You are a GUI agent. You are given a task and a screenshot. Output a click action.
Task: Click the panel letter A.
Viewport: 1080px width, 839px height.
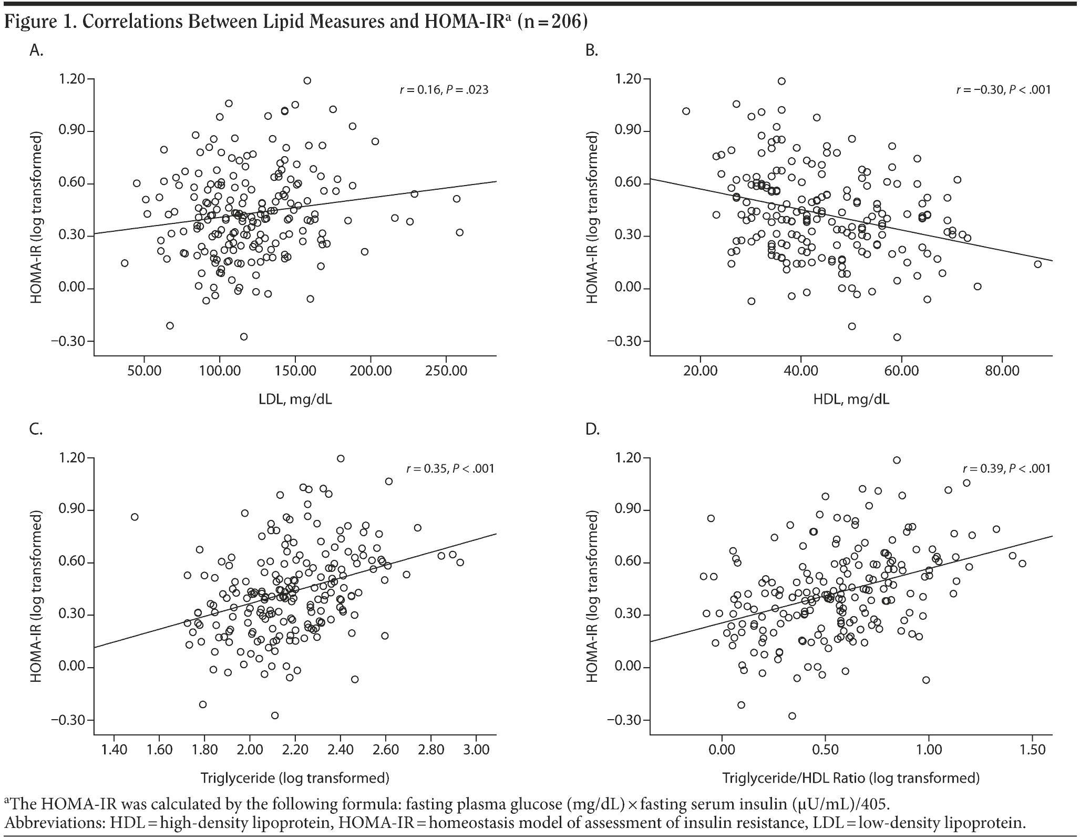tap(36, 50)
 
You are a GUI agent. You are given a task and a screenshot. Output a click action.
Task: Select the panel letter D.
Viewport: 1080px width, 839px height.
tap(592, 430)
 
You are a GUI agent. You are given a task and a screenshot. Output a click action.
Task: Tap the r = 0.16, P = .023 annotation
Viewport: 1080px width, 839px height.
tap(444, 90)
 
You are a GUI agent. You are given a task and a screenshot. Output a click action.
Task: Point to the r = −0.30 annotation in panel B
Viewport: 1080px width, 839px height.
tap(1003, 90)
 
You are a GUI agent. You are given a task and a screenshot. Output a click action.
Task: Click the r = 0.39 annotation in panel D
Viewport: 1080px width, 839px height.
tap(1006, 468)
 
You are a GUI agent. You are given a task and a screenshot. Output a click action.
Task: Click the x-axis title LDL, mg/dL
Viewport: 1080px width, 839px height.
tap(295, 400)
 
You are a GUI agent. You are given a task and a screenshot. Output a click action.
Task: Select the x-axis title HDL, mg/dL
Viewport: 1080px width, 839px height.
tap(851, 400)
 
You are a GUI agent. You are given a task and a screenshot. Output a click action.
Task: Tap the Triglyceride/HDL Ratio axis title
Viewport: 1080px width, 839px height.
tap(851, 778)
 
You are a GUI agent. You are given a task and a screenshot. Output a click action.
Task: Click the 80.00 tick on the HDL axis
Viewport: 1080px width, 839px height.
tap(1002, 371)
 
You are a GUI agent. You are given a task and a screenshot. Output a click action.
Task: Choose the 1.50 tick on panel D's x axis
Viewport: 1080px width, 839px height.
tap(1031, 750)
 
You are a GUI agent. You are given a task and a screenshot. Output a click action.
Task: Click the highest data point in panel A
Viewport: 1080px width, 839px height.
tap(307, 80)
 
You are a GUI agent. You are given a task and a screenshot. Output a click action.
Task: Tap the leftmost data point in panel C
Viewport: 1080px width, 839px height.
tap(135, 517)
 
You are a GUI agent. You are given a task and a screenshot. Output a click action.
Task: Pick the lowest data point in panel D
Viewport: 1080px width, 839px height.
tap(792, 716)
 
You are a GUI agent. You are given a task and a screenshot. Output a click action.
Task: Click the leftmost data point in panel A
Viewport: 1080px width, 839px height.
tap(125, 263)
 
